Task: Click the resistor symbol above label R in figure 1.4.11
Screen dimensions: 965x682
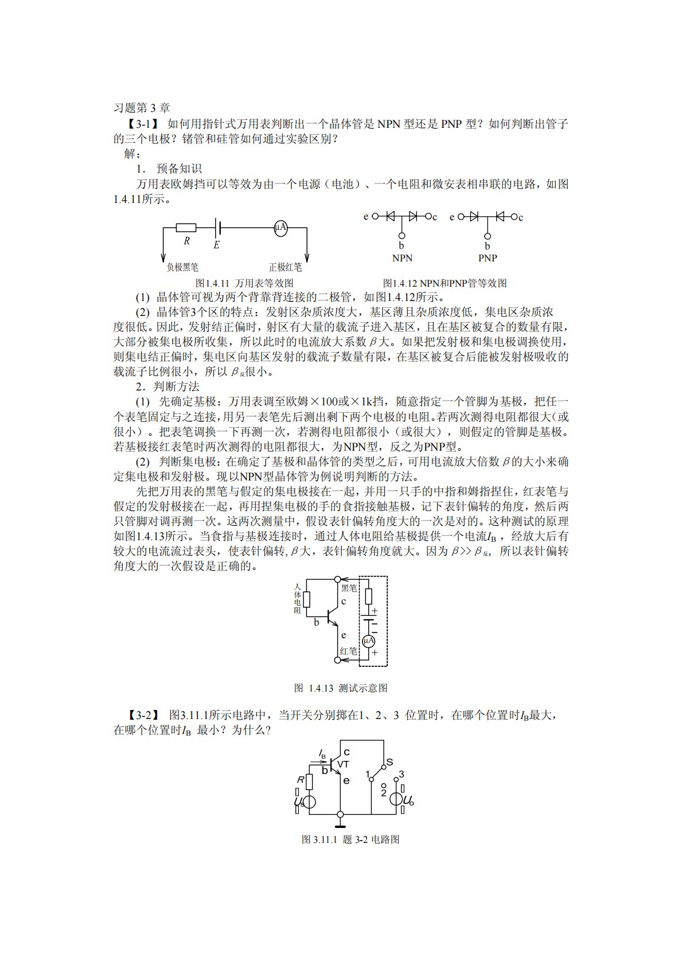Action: [186, 228]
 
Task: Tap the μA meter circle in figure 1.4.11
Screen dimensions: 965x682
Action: [280, 228]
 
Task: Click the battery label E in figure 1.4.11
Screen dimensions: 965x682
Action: [216, 245]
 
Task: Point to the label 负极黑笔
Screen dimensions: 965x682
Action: [182, 267]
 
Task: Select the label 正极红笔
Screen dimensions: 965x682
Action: [285, 267]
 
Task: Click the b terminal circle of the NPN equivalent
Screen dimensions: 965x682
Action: [402, 236]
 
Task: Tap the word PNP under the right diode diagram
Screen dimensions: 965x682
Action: [488, 258]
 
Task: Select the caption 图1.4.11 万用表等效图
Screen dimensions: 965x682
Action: [245, 283]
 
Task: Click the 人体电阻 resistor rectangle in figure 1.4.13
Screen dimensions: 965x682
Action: [307, 600]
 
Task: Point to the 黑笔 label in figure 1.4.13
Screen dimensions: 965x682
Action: [349, 588]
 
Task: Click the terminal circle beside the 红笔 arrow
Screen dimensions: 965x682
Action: [338, 660]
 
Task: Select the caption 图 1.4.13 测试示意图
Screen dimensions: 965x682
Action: [341, 688]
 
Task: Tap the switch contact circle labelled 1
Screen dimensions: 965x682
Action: [371, 779]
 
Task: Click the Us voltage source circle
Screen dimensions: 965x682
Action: [308, 802]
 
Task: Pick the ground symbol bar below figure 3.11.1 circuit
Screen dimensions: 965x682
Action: [340, 827]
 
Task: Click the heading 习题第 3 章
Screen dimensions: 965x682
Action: [142, 108]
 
